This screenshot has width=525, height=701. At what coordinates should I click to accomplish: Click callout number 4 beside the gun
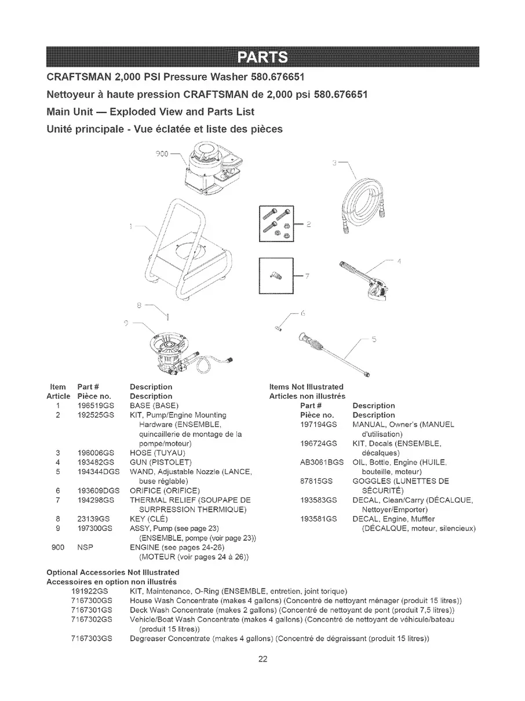point(399,261)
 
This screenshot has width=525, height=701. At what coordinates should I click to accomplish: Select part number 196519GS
point(94,405)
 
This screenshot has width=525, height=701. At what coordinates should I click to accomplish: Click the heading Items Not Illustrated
point(307,386)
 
